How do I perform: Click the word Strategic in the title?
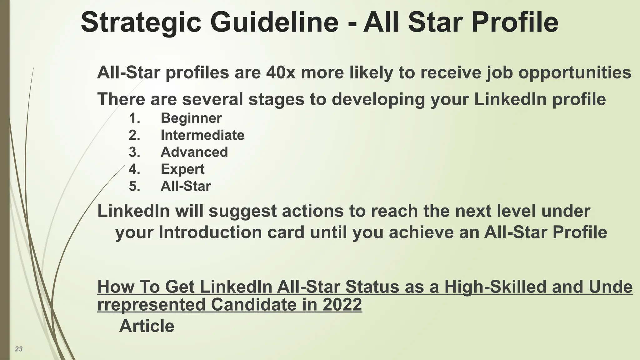tap(141, 22)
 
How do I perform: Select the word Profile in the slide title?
tap(515, 22)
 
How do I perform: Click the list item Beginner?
tap(191, 118)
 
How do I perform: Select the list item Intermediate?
tap(202, 135)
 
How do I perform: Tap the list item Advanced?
tap(194, 152)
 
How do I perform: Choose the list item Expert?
tap(182, 169)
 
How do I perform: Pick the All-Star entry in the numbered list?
tap(186, 186)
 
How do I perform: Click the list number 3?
tap(134, 152)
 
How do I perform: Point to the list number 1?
tap(134, 118)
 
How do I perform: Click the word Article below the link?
tap(147, 326)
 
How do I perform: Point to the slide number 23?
tap(19, 349)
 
